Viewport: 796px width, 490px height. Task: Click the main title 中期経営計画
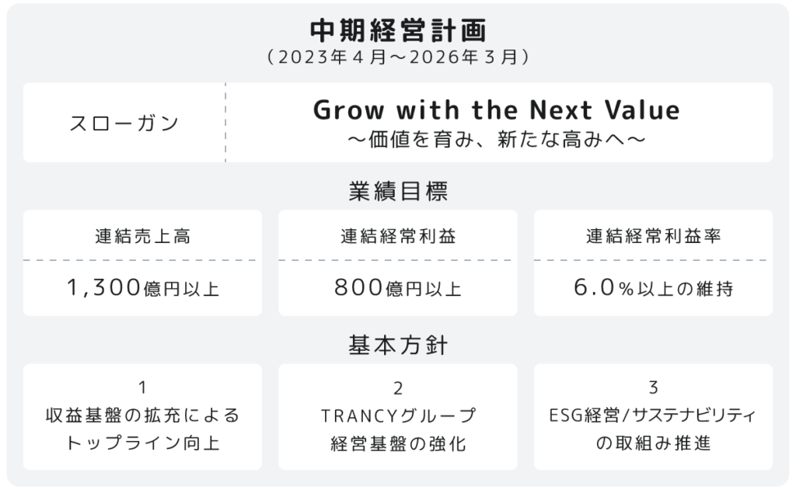click(x=398, y=30)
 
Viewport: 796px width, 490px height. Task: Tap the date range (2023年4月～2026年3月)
click(x=398, y=57)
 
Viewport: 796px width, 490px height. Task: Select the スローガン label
click(x=124, y=123)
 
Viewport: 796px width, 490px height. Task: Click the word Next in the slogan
click(x=561, y=110)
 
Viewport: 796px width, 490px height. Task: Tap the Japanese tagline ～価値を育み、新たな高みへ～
click(x=497, y=140)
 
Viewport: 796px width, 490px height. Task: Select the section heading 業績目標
click(x=398, y=191)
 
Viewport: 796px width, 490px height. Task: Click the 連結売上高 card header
click(x=143, y=236)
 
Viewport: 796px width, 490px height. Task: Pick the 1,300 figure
click(x=104, y=287)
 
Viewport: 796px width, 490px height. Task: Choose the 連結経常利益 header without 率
click(x=398, y=236)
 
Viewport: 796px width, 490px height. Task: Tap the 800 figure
click(x=358, y=287)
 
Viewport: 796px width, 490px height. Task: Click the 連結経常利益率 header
click(x=653, y=236)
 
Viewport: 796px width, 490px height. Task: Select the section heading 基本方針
click(x=398, y=345)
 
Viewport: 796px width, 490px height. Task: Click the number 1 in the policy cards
click(x=143, y=387)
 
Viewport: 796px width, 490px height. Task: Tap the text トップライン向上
click(x=143, y=443)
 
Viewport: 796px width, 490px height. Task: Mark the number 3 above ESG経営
click(x=653, y=387)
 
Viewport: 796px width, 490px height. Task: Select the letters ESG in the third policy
click(x=566, y=416)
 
